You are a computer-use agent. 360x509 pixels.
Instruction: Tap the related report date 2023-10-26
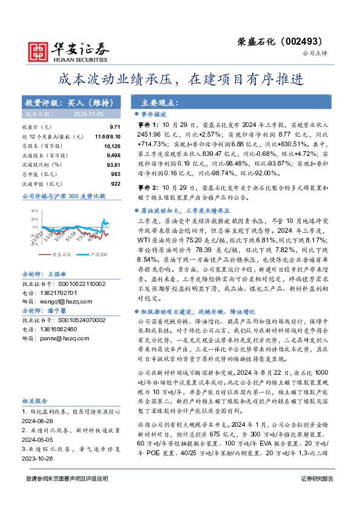[x=39, y=458]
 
